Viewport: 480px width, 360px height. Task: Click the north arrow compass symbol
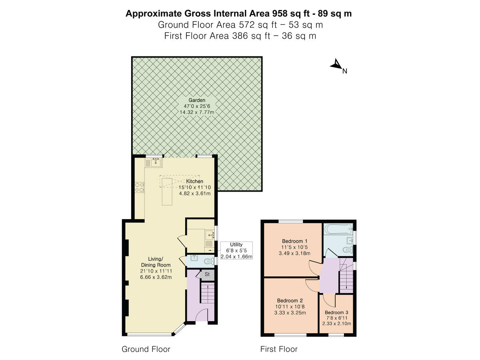tap(336, 65)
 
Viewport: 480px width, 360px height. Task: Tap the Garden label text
tap(197, 100)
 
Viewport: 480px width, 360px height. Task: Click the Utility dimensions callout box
tap(236, 250)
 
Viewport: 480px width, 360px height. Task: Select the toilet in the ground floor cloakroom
tap(208, 262)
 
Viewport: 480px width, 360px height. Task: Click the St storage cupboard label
tap(207, 275)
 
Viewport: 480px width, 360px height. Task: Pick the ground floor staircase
tap(207, 295)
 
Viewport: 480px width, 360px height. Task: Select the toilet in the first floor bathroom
tap(348, 250)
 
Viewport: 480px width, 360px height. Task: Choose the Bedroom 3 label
tap(336, 312)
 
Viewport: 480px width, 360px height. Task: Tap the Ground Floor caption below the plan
tap(146, 349)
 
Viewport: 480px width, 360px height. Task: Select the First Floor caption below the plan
tap(279, 349)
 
